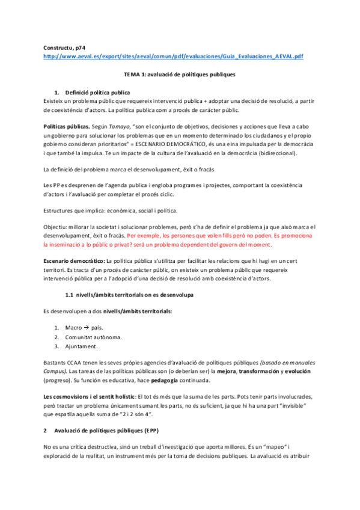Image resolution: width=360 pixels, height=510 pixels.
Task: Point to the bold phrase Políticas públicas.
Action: coord(66,128)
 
